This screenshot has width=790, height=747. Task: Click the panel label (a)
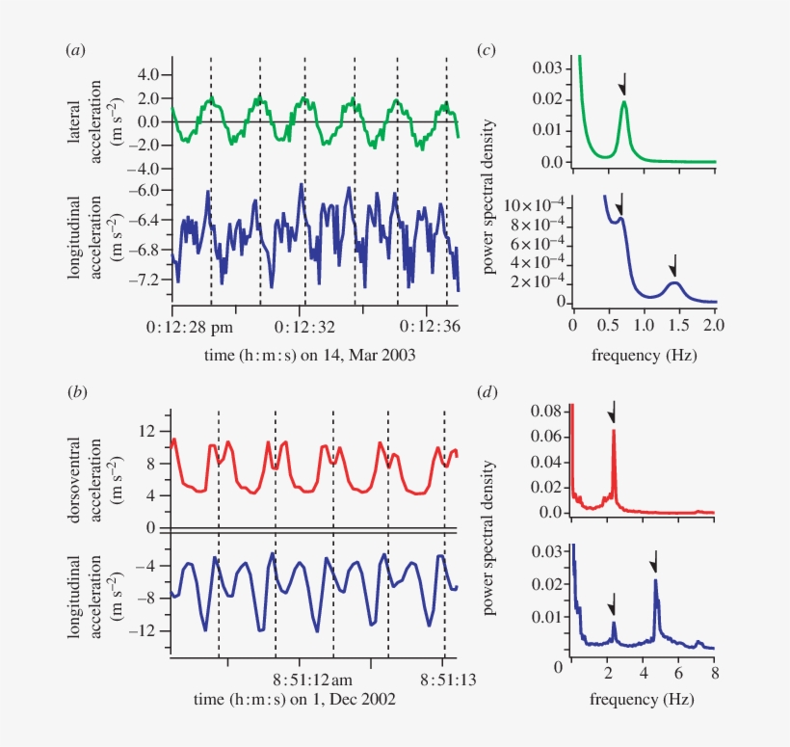click(73, 50)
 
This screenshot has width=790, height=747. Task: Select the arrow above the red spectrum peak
click(613, 413)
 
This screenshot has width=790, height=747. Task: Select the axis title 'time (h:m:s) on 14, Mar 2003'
click(314, 355)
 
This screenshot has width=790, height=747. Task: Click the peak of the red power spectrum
click(614, 432)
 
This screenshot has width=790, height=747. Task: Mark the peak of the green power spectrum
click(624, 102)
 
